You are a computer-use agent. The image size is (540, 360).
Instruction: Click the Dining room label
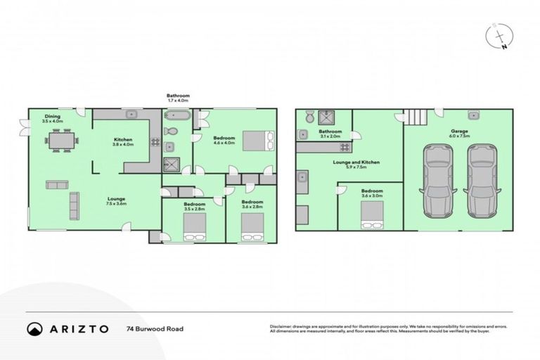click(x=53, y=117)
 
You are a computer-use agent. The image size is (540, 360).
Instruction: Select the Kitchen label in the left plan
click(x=123, y=140)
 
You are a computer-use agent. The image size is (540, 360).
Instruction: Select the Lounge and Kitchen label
click(x=361, y=162)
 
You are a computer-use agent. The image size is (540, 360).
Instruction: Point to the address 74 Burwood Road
click(x=152, y=328)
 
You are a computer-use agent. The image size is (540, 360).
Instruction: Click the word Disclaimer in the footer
click(x=281, y=327)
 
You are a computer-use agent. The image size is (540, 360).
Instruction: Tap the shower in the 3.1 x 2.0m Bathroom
click(x=327, y=117)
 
